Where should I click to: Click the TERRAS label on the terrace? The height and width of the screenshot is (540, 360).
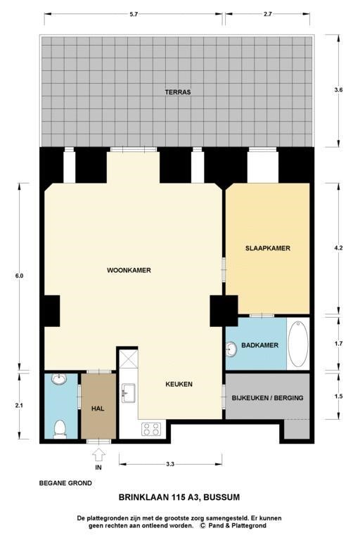click(178, 92)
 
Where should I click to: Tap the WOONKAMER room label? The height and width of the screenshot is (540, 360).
click(129, 270)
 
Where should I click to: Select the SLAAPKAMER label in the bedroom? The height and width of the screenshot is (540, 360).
click(267, 248)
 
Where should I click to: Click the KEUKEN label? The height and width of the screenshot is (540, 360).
click(179, 384)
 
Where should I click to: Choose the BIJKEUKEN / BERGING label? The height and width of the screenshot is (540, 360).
click(267, 398)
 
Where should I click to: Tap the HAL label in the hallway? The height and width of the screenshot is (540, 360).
click(98, 409)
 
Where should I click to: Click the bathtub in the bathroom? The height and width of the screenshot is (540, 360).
click(297, 344)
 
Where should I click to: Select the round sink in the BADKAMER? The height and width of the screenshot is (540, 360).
click(232, 349)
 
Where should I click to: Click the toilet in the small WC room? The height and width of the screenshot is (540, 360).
click(60, 427)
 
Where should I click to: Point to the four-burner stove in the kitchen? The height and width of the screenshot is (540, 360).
click(152, 427)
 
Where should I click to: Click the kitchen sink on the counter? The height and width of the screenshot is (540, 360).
click(128, 392)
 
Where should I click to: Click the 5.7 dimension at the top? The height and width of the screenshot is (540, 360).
click(134, 13)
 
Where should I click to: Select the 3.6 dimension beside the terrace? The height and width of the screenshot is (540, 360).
click(340, 90)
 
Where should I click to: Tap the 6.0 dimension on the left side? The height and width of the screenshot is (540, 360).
click(19, 276)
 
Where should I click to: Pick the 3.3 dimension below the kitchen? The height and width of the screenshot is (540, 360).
click(170, 464)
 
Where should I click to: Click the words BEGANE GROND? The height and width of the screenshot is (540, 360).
click(65, 483)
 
